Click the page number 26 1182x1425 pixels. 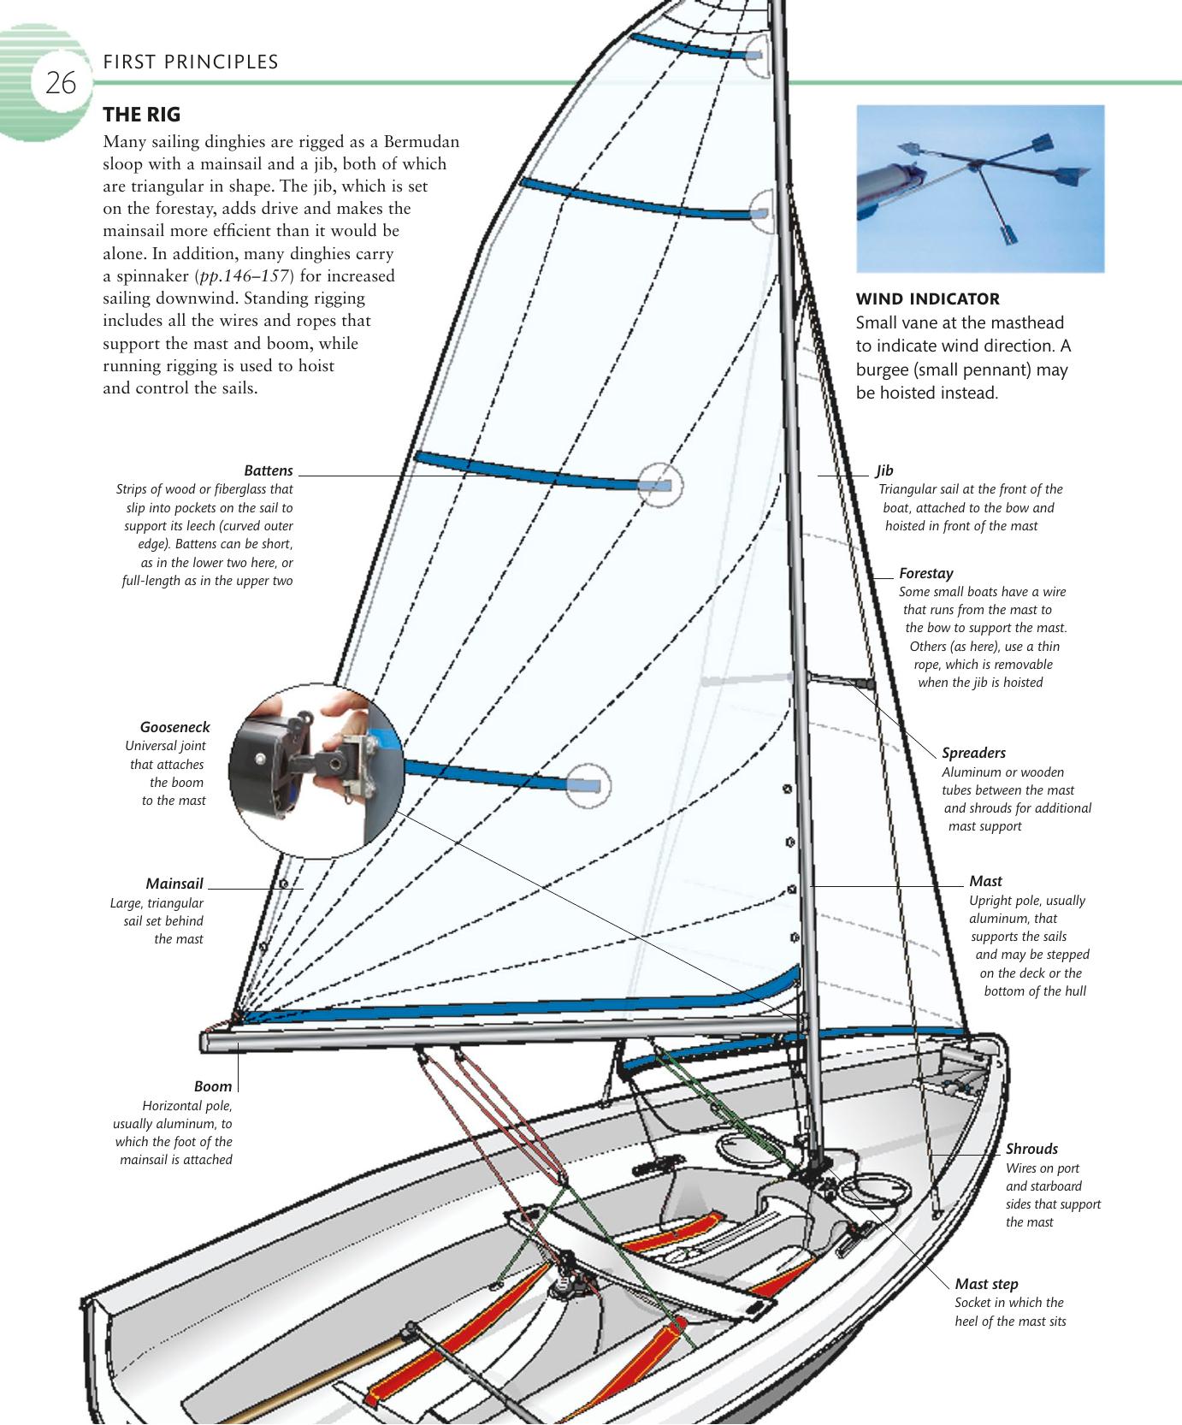(60, 85)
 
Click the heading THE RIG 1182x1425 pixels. (142, 114)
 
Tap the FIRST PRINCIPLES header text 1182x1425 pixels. (190, 62)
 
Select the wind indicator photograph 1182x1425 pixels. (980, 188)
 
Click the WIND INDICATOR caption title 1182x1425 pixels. (927, 299)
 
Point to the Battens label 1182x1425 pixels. (269, 471)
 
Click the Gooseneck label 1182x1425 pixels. (174, 727)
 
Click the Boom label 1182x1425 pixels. (213, 1086)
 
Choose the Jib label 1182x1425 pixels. (884, 470)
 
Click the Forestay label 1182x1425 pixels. (925, 574)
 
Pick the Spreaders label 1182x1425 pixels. (973, 754)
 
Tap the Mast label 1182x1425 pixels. (985, 881)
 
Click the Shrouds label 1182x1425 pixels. (1031, 1149)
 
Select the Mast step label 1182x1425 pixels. (986, 1284)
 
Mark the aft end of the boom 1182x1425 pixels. (208, 1042)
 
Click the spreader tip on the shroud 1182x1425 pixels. (870, 685)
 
